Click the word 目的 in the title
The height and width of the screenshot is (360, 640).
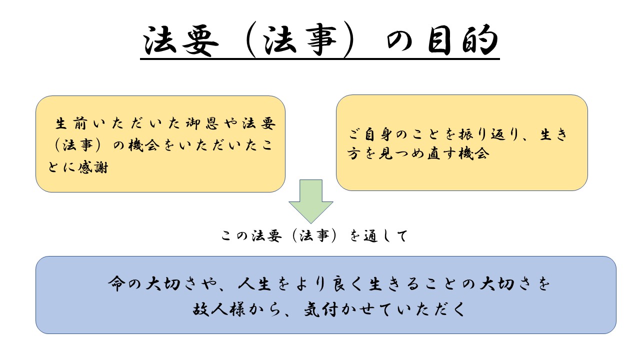(x=463, y=39)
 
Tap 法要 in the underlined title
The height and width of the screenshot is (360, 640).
(x=181, y=40)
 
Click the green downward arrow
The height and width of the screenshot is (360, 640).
(x=311, y=201)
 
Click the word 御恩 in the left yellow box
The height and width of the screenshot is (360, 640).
(x=202, y=123)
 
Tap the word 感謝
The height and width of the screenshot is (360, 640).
(x=93, y=167)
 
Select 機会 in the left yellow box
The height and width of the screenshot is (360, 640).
(x=144, y=145)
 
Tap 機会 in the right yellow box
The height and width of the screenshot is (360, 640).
(x=473, y=153)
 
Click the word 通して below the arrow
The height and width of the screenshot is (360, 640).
(x=385, y=236)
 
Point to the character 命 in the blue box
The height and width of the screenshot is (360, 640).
(x=116, y=283)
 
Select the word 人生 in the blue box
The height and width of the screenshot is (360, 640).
(x=255, y=283)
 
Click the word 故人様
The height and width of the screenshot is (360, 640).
(x=219, y=309)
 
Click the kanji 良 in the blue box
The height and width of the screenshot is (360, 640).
(x=340, y=283)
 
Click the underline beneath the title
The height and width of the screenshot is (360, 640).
(x=319, y=59)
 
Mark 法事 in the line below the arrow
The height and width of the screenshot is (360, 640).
(x=314, y=236)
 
